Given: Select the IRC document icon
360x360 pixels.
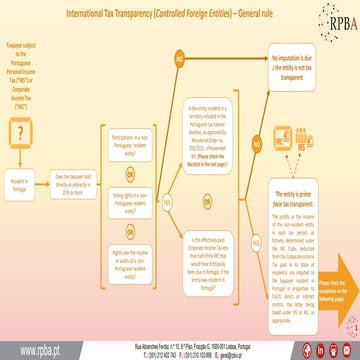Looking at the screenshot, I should coord(290,133).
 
